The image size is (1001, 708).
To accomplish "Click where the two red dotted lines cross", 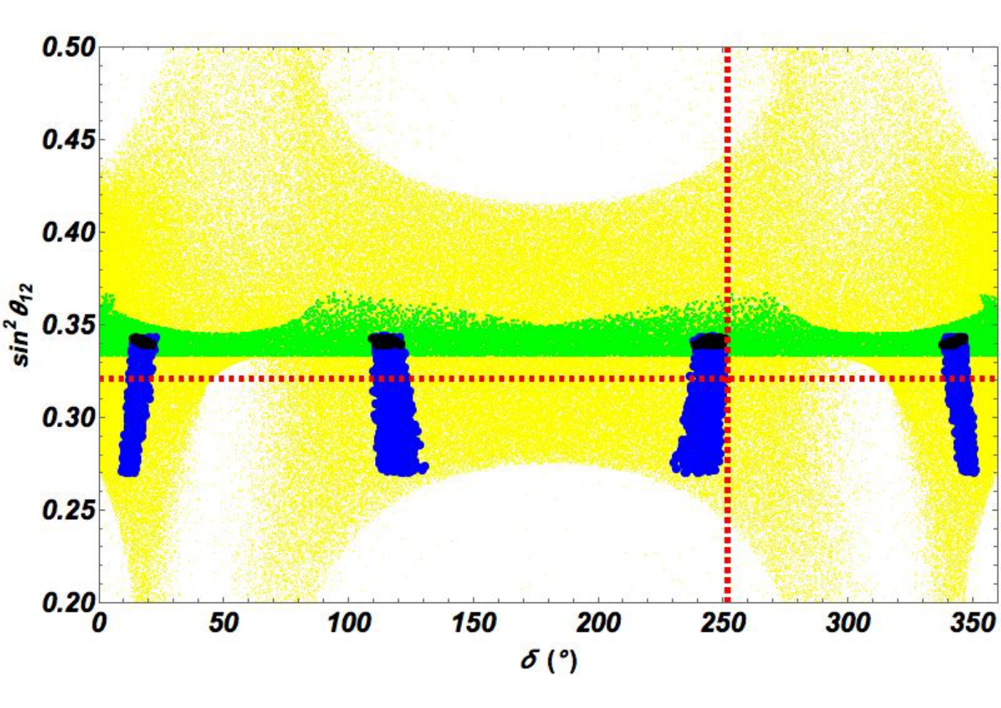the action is [727, 379].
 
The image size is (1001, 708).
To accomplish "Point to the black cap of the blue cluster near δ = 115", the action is [386, 341].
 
